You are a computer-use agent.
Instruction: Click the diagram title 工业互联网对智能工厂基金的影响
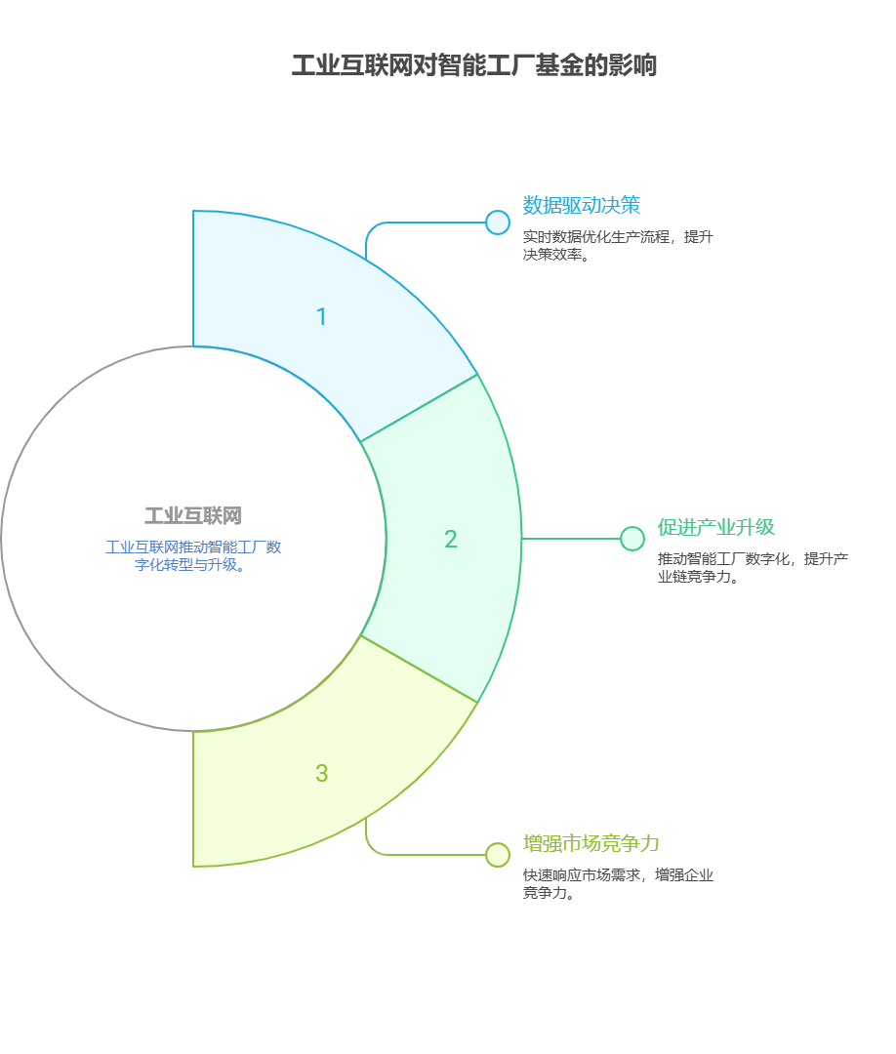pyautogui.click(x=473, y=65)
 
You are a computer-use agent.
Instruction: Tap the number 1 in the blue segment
pyautogui.click(x=321, y=317)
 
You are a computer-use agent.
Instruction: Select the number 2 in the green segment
pyautogui.click(x=450, y=540)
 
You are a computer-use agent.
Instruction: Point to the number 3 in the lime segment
pyautogui.click(x=321, y=774)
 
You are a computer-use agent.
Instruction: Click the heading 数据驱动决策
pyautogui.click(x=582, y=205)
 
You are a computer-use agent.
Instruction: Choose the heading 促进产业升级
pyautogui.click(x=715, y=527)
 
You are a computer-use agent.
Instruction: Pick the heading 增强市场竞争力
pyautogui.click(x=591, y=843)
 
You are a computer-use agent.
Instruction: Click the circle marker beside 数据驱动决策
pyautogui.click(x=498, y=223)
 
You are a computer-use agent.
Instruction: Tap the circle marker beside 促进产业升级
pyautogui.click(x=632, y=539)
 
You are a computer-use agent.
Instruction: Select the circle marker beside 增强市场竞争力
pyautogui.click(x=498, y=855)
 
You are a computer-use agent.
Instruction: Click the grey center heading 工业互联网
pyautogui.click(x=193, y=516)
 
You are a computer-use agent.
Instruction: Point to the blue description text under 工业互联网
pyautogui.click(x=193, y=555)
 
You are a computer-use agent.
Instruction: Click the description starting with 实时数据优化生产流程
pyautogui.click(x=618, y=245)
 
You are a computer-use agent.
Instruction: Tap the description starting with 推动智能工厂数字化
pyautogui.click(x=753, y=567)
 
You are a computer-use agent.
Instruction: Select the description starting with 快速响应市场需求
pyautogui.click(x=618, y=883)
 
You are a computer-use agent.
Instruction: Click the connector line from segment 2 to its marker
pyautogui.click(x=571, y=539)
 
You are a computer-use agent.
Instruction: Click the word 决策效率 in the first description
pyautogui.click(x=553, y=255)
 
